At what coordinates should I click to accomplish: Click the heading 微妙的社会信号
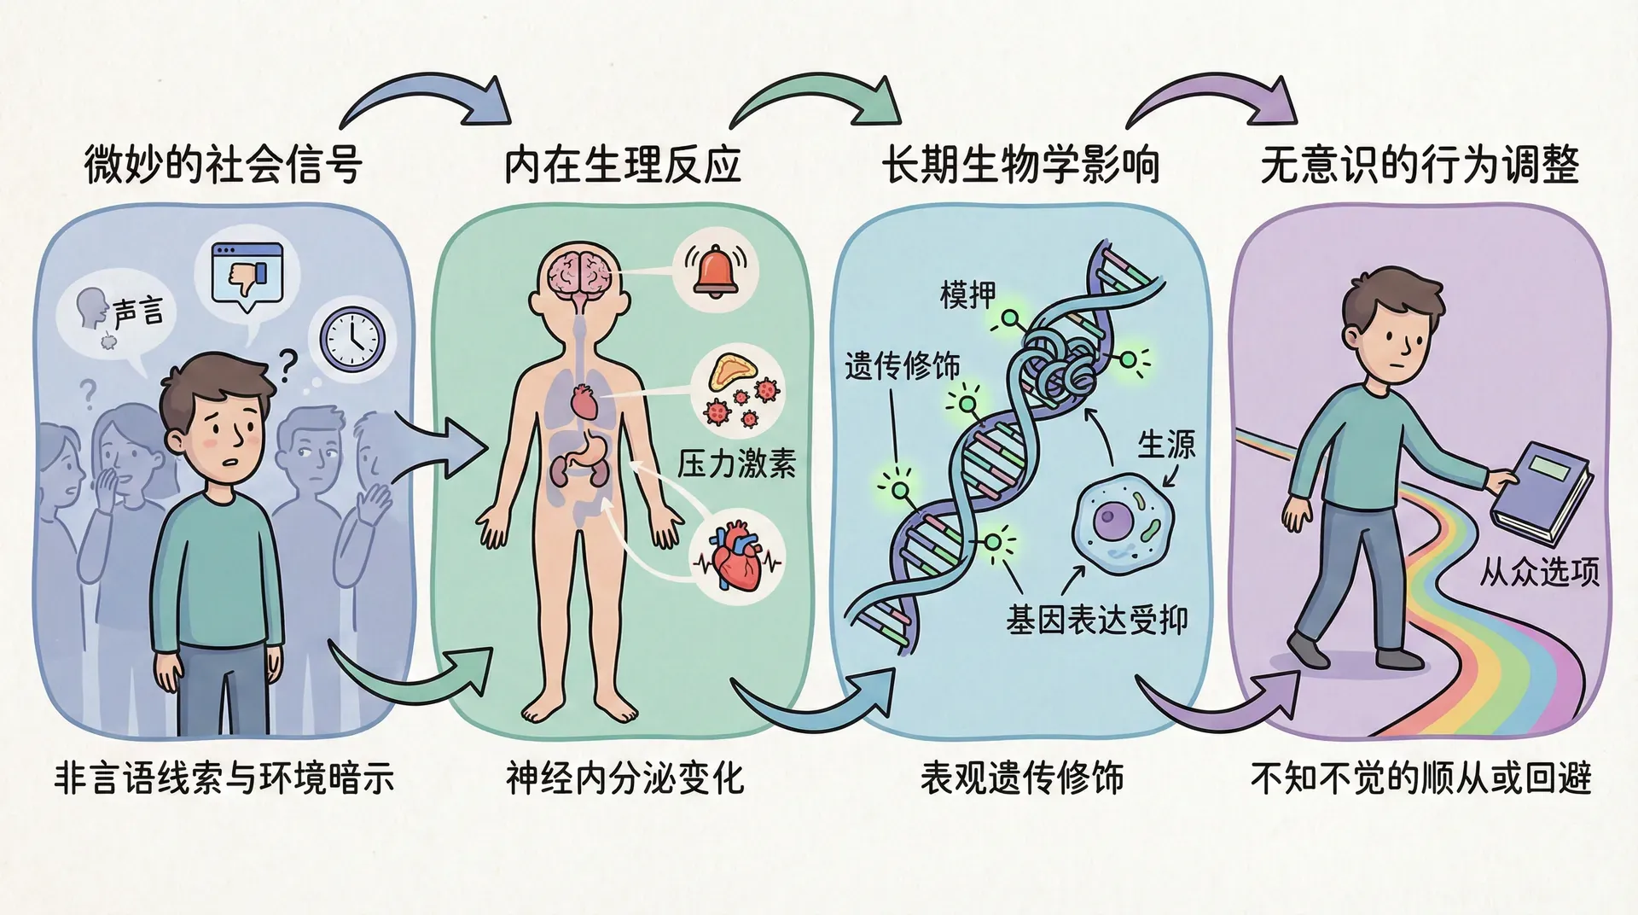point(224,165)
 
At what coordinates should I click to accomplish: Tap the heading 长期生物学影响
point(1020,165)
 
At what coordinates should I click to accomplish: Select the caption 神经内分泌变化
point(624,778)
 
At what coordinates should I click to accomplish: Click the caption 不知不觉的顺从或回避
point(1420,778)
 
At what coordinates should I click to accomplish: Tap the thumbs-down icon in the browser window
point(249,279)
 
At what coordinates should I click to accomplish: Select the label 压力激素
point(736,463)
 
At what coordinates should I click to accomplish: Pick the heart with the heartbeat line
point(735,560)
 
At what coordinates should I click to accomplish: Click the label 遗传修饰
point(902,366)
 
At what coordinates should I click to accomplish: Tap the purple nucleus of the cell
point(1112,520)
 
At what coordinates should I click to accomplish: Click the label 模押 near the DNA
point(967,294)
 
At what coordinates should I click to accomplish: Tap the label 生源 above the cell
point(1166,444)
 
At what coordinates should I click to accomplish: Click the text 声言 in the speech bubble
point(137,312)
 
